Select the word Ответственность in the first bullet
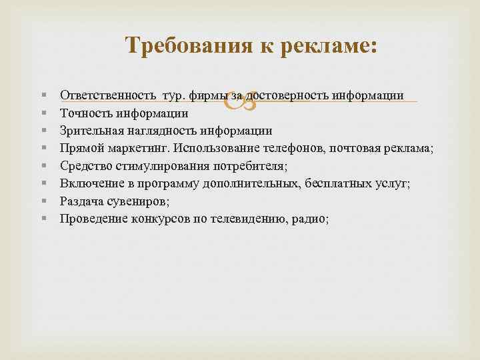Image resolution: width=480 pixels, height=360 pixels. pyautogui.click(x=102, y=96)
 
